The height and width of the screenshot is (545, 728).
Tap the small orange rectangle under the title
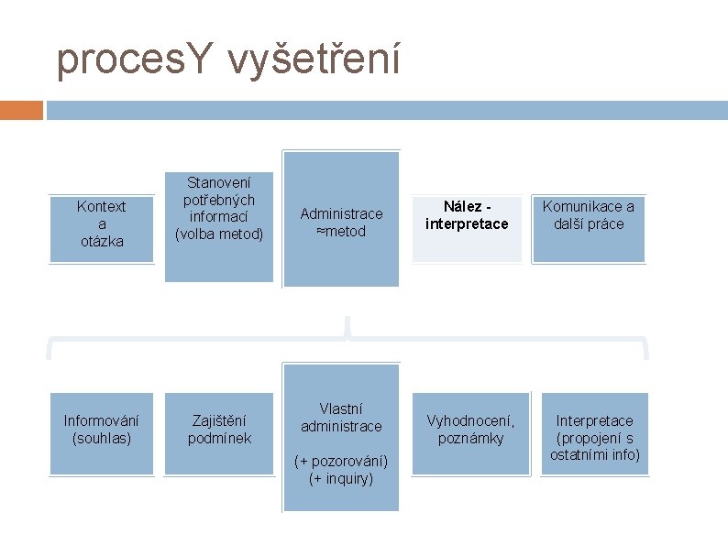click(x=21, y=110)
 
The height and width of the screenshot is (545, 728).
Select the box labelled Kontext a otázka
click(x=101, y=224)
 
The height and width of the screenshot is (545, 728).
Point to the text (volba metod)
click(x=219, y=234)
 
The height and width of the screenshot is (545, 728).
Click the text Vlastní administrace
click(x=341, y=417)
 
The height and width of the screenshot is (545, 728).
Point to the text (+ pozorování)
click(x=341, y=460)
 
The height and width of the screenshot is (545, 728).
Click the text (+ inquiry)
click(x=341, y=477)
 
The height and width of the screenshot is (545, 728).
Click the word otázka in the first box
click(x=101, y=241)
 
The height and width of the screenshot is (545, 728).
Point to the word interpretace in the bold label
click(x=467, y=224)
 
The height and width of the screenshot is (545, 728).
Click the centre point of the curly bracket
click(x=347, y=328)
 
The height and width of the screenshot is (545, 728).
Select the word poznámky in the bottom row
click(x=470, y=439)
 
